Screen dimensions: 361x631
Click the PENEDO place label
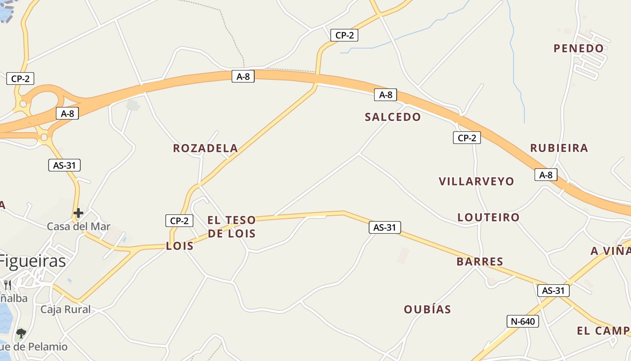[579, 48]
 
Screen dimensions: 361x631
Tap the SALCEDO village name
[393, 117]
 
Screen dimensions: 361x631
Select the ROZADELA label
[206, 148]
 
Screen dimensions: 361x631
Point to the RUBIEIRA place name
[559, 148]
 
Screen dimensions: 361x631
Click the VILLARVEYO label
[476, 181]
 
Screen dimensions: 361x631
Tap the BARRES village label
[480, 261]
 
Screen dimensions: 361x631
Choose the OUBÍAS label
[427, 309]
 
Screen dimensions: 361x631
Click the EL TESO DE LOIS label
[232, 227]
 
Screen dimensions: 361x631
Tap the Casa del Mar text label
[78, 227]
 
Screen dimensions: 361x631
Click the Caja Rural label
[65, 310]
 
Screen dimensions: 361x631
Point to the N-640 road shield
[523, 321]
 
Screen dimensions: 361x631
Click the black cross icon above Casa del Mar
[78, 213]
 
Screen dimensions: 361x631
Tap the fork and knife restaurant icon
[8, 285]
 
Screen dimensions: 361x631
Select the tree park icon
[21, 333]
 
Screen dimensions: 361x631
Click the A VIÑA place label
[611, 251]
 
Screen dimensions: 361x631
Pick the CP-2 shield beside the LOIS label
[179, 221]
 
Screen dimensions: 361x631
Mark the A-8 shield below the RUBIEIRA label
[546, 175]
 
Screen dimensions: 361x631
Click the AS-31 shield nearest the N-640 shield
[553, 291]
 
